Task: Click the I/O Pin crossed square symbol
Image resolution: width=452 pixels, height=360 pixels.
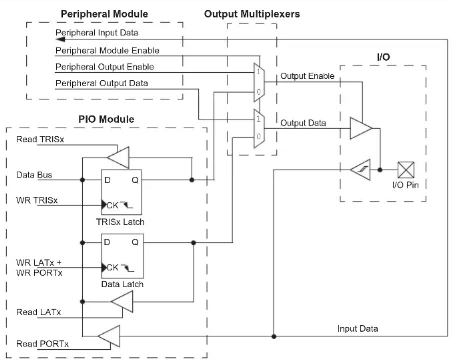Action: click(x=406, y=170)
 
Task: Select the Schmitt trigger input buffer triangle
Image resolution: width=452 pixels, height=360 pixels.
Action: click(x=361, y=170)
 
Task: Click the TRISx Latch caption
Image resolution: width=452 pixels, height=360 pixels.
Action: click(x=120, y=222)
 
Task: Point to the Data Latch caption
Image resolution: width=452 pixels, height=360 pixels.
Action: click(x=122, y=284)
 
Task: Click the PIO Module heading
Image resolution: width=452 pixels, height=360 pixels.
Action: click(x=106, y=119)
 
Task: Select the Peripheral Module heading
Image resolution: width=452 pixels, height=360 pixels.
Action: click(x=104, y=14)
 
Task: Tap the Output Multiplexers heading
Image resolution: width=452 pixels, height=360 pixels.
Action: click(x=252, y=14)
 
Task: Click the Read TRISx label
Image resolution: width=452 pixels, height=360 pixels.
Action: click(x=40, y=139)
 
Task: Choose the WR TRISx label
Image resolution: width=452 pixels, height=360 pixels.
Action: click(x=37, y=200)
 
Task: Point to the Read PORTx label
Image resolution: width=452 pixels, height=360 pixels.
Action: click(x=42, y=344)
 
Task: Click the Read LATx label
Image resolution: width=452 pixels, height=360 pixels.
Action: click(x=39, y=312)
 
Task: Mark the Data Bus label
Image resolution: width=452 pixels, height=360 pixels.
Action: click(x=34, y=175)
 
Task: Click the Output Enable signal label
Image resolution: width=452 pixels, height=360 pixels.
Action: click(x=307, y=76)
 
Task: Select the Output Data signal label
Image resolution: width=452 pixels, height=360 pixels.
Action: click(x=303, y=123)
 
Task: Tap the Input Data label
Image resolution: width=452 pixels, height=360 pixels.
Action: click(x=358, y=328)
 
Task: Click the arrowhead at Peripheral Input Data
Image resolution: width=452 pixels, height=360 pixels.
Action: click(x=60, y=39)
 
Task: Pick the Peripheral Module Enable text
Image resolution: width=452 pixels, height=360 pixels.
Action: click(x=107, y=50)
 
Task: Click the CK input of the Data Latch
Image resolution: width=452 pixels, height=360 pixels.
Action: click(x=112, y=268)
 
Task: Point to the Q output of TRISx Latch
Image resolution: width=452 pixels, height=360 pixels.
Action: click(x=135, y=180)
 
